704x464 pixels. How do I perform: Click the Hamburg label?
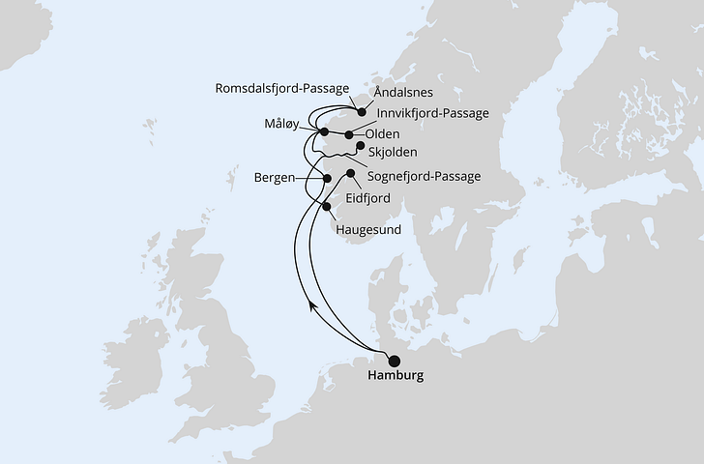[396, 375]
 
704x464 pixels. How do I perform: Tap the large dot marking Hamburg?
[394, 361]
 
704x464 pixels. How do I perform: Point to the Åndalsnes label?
[404, 94]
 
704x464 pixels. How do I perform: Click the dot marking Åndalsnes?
[362, 112]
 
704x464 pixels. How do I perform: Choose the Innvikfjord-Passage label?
[434, 113]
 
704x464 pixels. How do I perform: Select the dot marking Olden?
[348, 134]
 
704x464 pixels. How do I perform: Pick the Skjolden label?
[394, 153]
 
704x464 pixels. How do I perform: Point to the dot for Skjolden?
[361, 147]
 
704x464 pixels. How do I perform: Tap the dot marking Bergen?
[327, 179]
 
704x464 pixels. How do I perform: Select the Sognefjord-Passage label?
[425, 176]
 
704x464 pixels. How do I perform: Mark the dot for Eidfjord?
[349, 173]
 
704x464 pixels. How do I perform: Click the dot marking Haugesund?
[327, 206]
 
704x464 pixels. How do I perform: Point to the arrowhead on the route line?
[311, 304]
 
